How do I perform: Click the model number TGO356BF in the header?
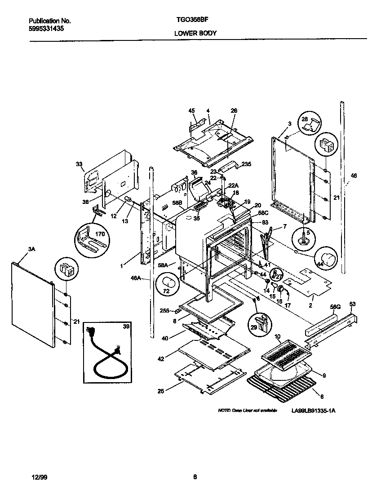point(190,21)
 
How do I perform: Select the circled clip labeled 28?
point(311,124)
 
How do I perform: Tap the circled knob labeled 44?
point(330,259)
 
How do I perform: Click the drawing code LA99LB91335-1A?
point(313,410)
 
